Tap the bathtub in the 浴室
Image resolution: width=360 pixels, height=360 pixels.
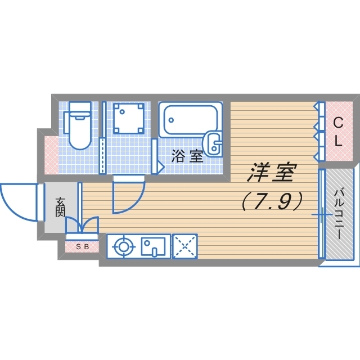click(x=188, y=119)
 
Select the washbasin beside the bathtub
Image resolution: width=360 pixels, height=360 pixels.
click(x=214, y=144)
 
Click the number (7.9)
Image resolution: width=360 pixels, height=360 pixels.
click(x=272, y=201)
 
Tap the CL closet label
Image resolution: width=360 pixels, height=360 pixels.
click(x=338, y=131)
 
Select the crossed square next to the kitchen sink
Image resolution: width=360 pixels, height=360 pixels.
click(x=184, y=246)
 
